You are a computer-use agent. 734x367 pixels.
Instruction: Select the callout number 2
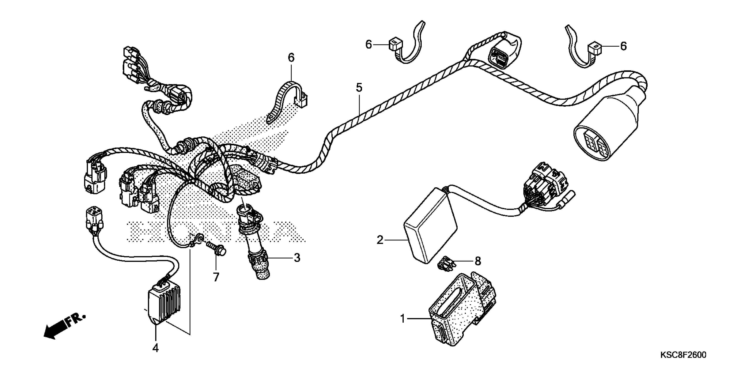pyautogui.click(x=380, y=240)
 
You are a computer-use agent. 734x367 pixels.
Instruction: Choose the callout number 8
pyautogui.click(x=478, y=261)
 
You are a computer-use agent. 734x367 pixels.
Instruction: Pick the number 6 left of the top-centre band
pyautogui.click(x=369, y=45)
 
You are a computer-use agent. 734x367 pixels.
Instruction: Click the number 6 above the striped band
pyautogui.click(x=291, y=58)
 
